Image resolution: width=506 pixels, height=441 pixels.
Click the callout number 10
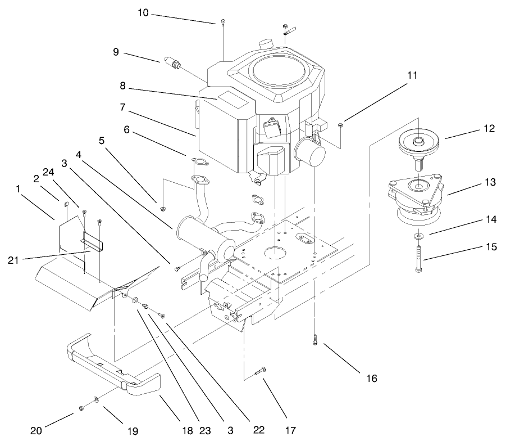(143, 12)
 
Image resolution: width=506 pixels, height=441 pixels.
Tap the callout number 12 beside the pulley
(489, 128)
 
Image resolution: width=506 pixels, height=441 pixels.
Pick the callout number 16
(371, 378)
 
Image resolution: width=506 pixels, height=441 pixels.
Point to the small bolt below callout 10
(224, 23)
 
